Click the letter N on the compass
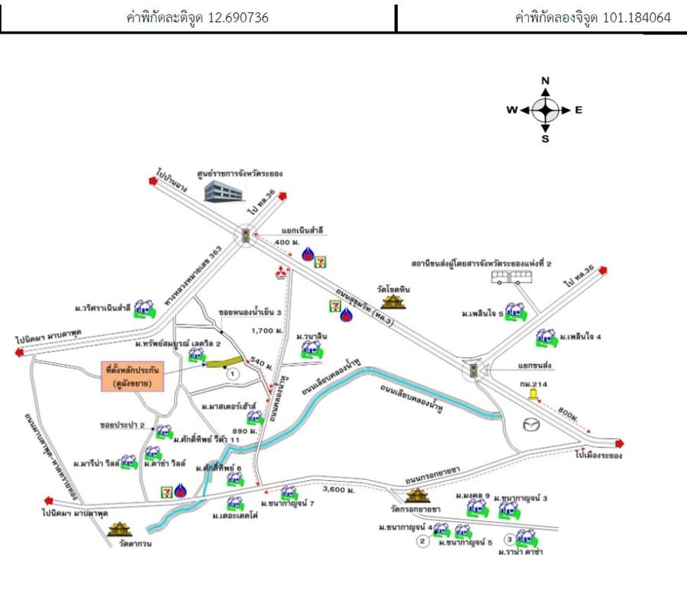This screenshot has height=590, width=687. coord(546,80)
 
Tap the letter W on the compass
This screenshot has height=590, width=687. coord(511,110)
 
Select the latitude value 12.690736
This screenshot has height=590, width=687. coord(238,17)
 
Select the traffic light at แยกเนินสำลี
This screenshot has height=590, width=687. coord(245,236)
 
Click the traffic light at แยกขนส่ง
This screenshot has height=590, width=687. coord(474,371)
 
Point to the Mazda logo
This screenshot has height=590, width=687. coord(529,424)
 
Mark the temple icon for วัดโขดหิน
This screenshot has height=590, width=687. coord(394,302)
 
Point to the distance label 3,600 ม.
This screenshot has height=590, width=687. coord(339,489)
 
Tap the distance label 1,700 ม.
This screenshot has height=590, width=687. coord(263,329)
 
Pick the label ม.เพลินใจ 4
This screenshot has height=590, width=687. coord(581,336)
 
